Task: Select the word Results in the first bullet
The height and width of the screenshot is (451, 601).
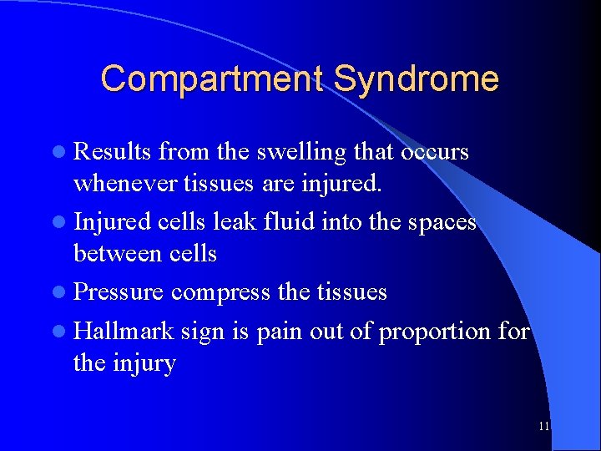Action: (x=112, y=152)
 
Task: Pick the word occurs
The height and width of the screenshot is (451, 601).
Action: (x=434, y=152)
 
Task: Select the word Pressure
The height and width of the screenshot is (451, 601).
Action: (x=119, y=291)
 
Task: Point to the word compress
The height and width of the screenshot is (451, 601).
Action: (x=220, y=293)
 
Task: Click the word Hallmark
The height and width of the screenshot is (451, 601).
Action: (x=124, y=332)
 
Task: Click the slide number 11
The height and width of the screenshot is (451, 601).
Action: (x=544, y=426)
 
